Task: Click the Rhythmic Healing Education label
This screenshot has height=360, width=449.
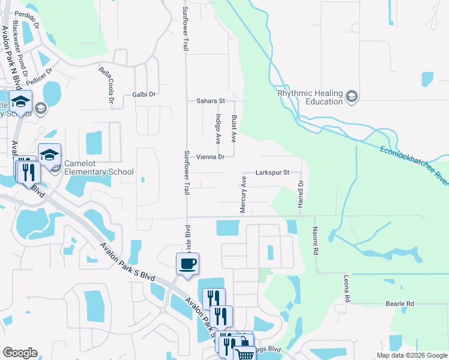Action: pos(310,97)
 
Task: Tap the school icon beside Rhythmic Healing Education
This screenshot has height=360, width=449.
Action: pos(352,96)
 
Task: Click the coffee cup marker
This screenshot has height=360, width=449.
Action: pos(187,264)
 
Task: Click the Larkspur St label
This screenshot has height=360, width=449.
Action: pos(273,172)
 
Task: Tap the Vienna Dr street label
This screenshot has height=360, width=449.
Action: pos(210,157)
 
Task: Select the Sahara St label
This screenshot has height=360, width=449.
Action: pos(210,101)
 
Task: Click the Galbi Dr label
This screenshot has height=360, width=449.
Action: pos(143,94)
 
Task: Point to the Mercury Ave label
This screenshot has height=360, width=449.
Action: pos(244,194)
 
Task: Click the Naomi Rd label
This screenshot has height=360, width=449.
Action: pos(315,241)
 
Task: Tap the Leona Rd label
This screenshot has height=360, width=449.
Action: pos(346,289)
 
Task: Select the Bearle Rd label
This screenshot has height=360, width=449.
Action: pos(400,304)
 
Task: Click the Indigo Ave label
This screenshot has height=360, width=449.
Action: pos(218,129)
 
